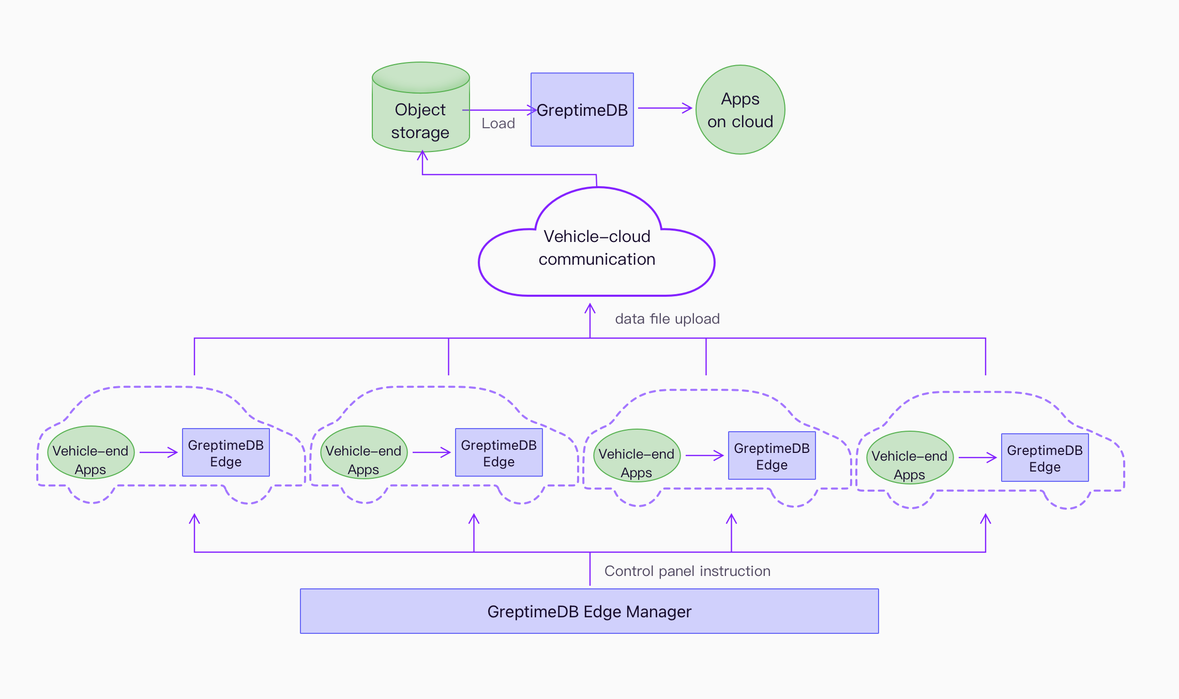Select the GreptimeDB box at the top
coord(582,110)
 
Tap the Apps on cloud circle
coord(740,110)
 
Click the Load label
coord(498,124)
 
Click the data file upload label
coord(667,319)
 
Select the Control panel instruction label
coord(687,571)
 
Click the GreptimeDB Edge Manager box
coord(589,611)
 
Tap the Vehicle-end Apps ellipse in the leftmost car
coord(90,453)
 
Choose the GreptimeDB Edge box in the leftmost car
coord(226,452)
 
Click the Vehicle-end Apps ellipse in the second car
coord(364,453)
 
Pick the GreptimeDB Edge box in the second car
coord(499,452)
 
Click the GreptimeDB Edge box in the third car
coord(772,455)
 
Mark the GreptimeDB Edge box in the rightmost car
coord(1045,458)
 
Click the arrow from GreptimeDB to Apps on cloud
coord(664,108)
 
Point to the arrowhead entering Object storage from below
coord(422,155)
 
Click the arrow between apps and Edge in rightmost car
coord(977,458)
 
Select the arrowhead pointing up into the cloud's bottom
coord(590,308)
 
